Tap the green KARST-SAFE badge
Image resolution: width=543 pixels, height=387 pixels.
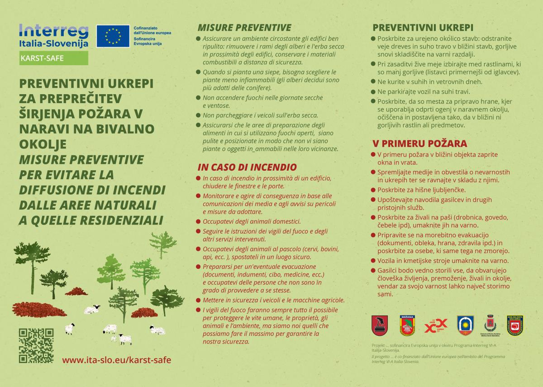pos(53,58)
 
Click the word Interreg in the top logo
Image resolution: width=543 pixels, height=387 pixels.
pos(53,31)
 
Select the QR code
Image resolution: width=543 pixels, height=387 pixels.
pos(36,345)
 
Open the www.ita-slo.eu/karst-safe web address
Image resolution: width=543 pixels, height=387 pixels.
pos(117,360)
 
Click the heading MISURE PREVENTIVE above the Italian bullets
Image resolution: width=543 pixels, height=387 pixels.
pos(244,28)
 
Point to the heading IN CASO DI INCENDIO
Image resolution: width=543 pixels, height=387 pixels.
pos(247,167)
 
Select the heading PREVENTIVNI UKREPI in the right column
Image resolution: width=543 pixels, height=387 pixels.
pos(423,28)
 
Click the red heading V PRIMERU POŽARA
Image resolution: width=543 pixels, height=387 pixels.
pos(419,143)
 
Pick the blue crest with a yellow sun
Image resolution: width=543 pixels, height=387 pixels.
pos(465,325)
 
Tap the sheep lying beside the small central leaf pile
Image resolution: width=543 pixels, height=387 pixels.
pos(92,310)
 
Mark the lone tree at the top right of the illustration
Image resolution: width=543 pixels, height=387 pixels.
pos(164,243)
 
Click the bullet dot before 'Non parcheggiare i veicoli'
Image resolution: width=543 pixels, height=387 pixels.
pos(198,115)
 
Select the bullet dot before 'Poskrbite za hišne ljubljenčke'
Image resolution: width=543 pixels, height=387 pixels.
pos(373,190)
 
